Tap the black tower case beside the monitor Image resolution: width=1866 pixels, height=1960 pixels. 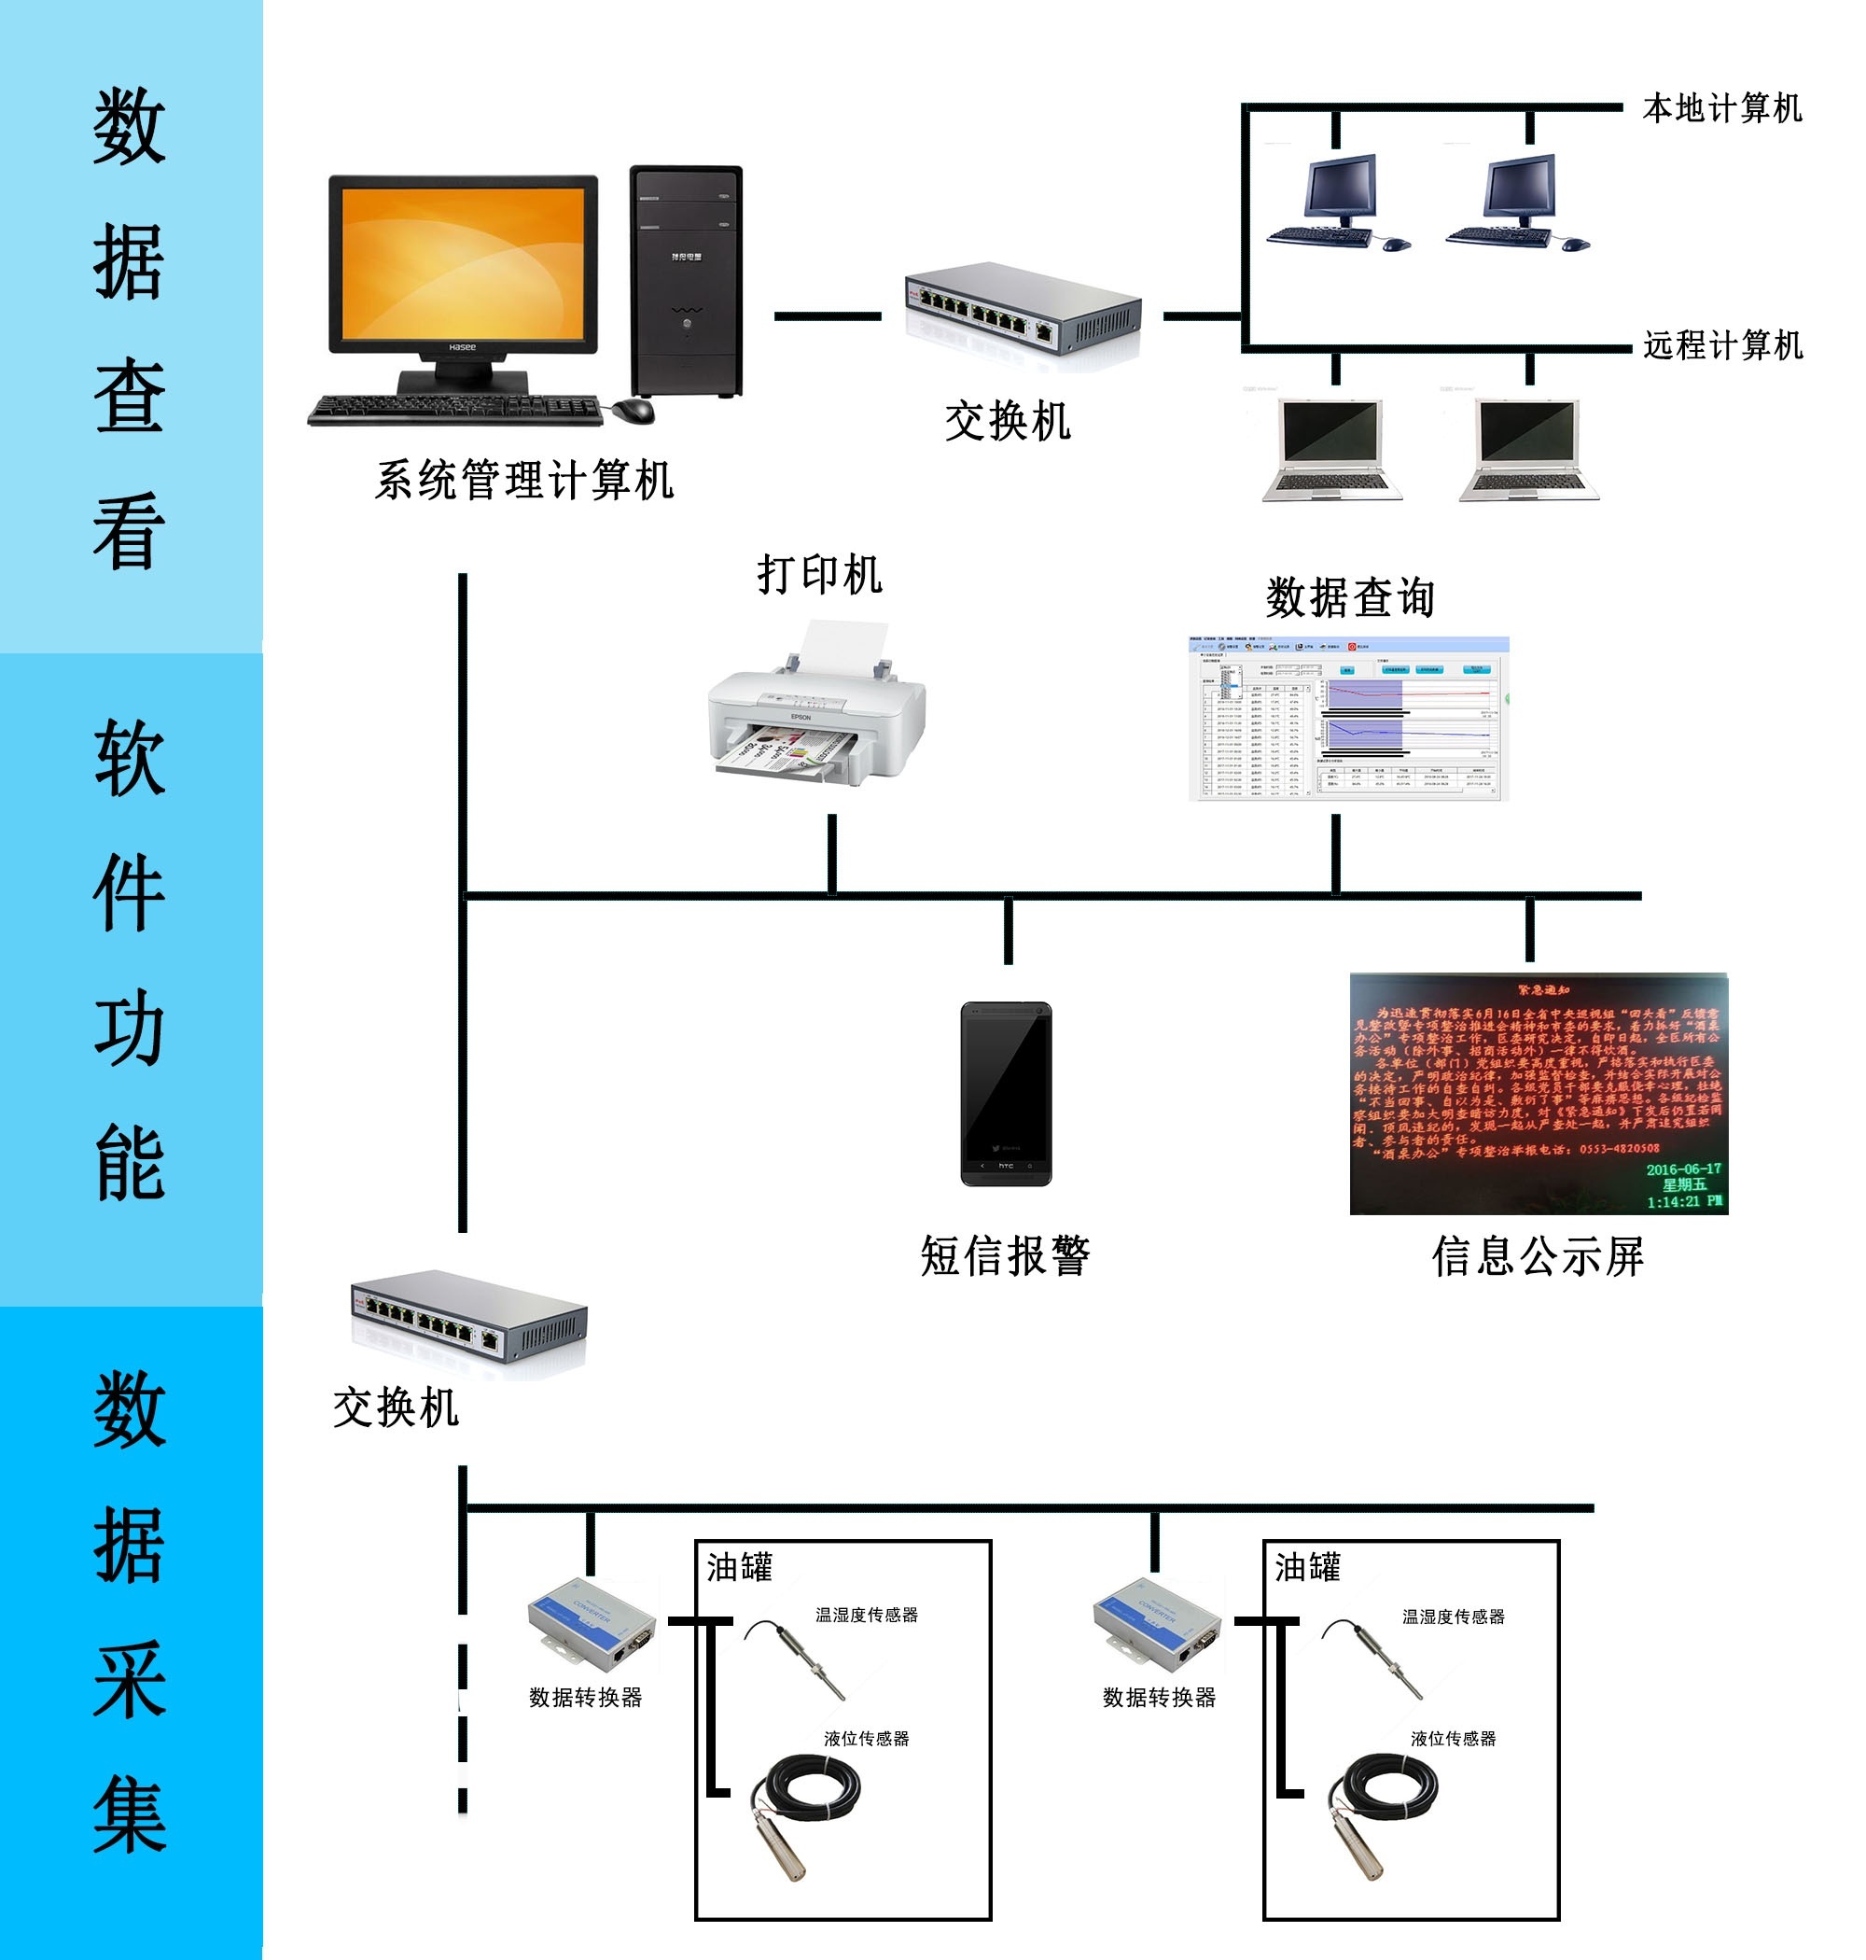click(687, 281)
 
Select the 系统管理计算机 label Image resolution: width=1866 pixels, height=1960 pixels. click(524, 481)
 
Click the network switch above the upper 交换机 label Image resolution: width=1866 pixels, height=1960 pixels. click(1023, 307)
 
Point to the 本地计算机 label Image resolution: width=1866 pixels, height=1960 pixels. click(1721, 107)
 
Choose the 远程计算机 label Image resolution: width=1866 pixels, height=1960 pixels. click(1721, 345)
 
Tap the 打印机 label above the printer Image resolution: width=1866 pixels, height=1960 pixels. click(819, 574)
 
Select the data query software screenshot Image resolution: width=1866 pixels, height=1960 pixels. click(1349, 719)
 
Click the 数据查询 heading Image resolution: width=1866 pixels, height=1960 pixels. click(1350, 597)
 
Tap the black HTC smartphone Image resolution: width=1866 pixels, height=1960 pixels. click(1006, 1094)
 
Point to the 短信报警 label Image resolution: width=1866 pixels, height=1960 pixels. click(1005, 1255)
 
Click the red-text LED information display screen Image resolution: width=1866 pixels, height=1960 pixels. click(1538, 1094)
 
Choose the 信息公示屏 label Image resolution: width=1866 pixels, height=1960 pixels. click(1538, 1256)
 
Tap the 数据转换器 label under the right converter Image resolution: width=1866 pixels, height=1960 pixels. click(1159, 1699)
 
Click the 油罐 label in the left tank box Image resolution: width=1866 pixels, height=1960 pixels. click(739, 1568)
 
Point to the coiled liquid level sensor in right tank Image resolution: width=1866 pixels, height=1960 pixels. click(1383, 1811)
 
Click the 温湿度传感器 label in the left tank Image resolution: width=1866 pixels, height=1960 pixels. click(867, 1615)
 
